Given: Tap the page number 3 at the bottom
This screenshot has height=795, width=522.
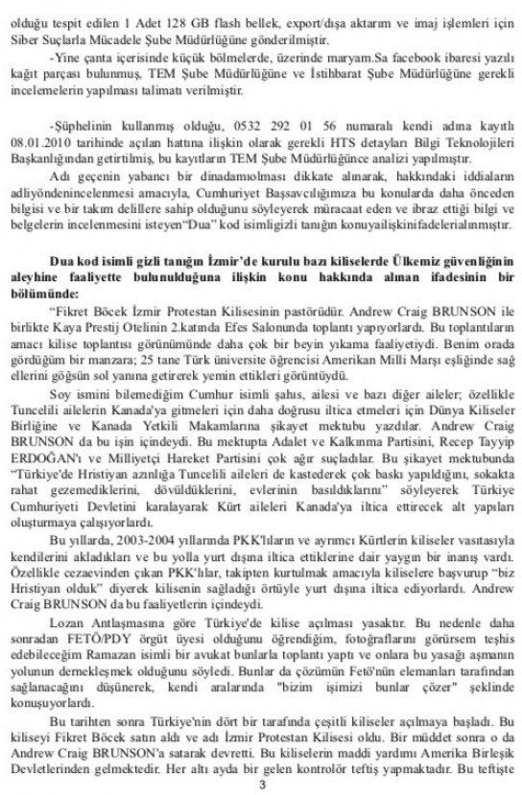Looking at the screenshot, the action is [261, 783].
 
